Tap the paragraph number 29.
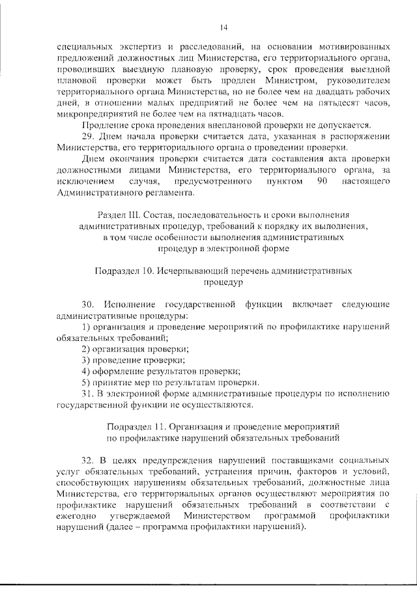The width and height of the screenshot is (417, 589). (x=89, y=136)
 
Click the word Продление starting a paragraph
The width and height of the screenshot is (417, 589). (x=104, y=125)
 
